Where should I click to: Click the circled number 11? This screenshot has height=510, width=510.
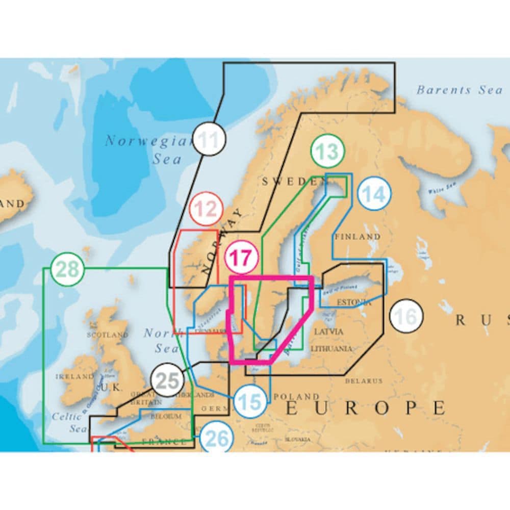210,139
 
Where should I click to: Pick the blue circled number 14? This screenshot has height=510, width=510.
374,194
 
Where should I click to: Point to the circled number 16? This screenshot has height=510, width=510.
406,317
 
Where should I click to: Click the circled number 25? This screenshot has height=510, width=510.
167,380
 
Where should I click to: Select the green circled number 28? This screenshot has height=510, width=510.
68,269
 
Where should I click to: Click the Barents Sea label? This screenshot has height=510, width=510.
459,90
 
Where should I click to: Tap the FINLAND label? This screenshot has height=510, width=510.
358,237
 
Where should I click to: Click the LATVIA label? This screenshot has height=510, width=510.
329,331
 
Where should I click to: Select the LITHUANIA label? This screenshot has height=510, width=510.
331,349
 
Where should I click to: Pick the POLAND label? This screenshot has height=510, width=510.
297,396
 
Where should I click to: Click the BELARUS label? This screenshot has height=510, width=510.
364,380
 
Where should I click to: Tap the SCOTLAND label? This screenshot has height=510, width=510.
108,335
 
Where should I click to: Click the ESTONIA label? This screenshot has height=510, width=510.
354,302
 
